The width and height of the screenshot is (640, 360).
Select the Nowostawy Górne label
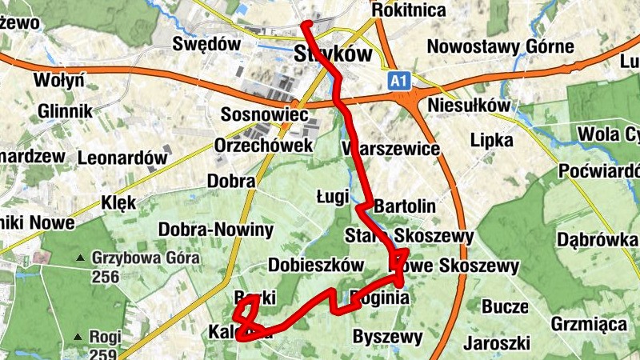pyautogui.click(x=500, y=46)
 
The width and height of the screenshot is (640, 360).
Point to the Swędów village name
pyautogui.click(x=206, y=45)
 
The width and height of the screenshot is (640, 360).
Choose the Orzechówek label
pyautogui.click(x=263, y=146)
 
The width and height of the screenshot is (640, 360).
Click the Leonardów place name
pyautogui.click(x=122, y=158)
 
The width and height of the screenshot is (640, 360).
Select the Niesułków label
pyautogui.click(x=470, y=106)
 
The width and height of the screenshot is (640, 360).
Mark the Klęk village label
pyautogui.click(x=119, y=202)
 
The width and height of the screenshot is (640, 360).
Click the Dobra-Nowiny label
pyautogui.click(x=216, y=230)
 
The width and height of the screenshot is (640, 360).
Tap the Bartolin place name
pyautogui.click(x=405, y=206)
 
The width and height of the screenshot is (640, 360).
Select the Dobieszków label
pyautogui.click(x=316, y=266)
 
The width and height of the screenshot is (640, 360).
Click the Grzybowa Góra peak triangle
pyautogui.click(x=80, y=258)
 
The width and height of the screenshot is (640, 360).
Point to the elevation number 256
pyautogui.click(x=105, y=278)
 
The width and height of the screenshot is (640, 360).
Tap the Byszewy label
pyautogui.click(x=387, y=336)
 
